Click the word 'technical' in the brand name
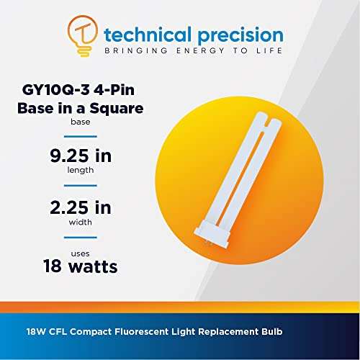[141, 34]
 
